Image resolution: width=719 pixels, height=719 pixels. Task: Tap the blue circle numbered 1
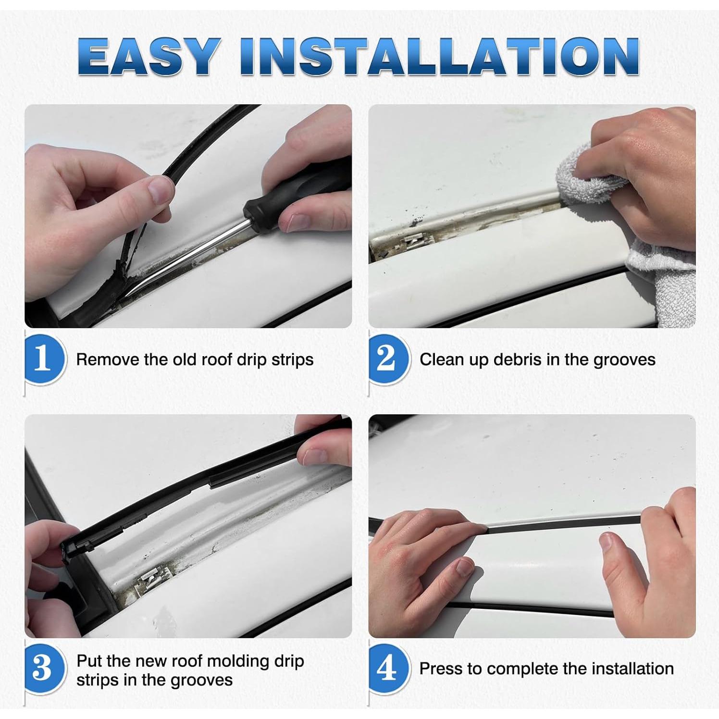click(44, 359)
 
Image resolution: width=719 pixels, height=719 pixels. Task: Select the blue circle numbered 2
click(388, 359)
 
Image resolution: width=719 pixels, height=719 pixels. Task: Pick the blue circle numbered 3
click(44, 668)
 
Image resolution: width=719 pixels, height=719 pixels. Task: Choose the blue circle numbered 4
click(388, 668)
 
